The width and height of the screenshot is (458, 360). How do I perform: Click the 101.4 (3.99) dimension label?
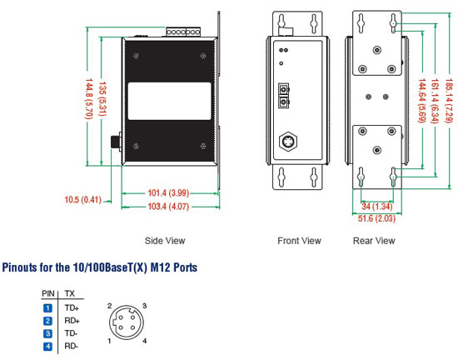tap(168, 192)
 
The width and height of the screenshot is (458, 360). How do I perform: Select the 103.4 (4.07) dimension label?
tap(168, 207)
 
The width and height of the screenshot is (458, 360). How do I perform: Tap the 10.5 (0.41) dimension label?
tap(83, 200)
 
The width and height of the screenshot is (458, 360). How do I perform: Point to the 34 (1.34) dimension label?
tap(376, 207)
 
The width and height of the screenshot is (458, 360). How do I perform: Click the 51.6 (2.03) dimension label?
tap(376, 218)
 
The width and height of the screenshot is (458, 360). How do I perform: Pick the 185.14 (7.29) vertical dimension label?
tap(449, 101)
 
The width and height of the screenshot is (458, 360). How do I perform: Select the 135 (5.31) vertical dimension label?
tap(102, 99)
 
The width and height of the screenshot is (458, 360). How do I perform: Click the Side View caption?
tap(165, 241)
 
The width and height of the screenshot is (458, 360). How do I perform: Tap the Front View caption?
tap(299, 241)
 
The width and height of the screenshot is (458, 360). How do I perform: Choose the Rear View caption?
tap(374, 241)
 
